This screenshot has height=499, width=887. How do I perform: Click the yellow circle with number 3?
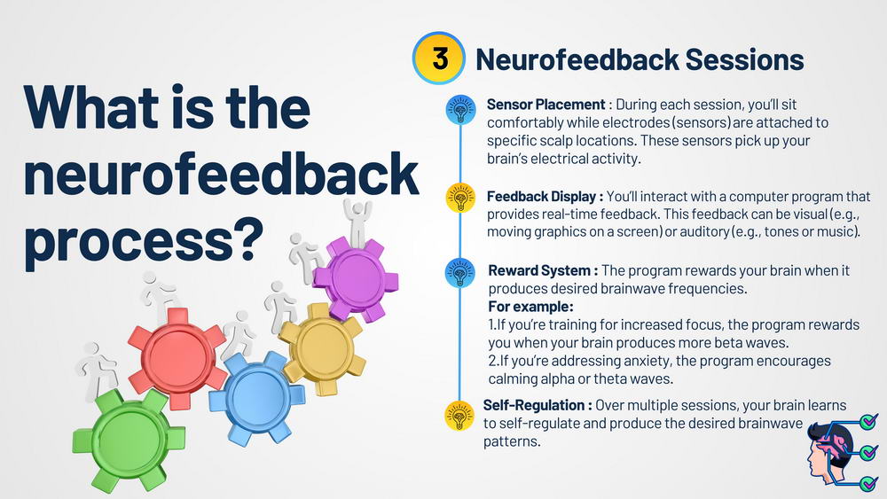439,58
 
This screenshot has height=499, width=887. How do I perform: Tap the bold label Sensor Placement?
546,105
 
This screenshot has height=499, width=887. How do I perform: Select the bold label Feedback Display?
541,197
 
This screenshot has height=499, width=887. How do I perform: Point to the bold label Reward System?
538,270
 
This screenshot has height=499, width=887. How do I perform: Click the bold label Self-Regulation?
533,405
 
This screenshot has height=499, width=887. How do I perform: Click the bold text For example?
530,307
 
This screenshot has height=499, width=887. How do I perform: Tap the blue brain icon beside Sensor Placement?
460,110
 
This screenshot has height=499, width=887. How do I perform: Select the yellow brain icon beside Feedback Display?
460,199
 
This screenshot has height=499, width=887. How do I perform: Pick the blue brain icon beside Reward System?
459,273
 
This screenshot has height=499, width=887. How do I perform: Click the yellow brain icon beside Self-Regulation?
459,416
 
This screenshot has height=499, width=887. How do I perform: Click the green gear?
128,441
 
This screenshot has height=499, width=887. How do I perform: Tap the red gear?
177,358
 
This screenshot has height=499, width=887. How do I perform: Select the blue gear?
257,397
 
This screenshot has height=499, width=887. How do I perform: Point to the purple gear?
356,278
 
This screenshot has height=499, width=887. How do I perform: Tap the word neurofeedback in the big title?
221,174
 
